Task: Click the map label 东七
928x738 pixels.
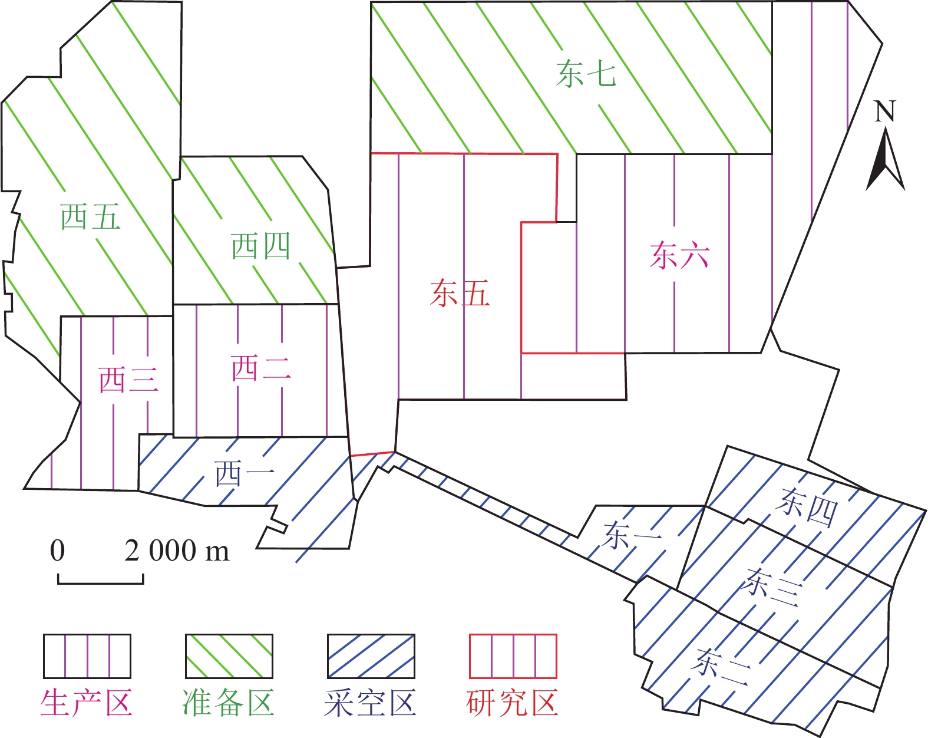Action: tap(586, 75)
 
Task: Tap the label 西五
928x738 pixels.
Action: tap(91, 217)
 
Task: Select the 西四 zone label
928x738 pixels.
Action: tap(260, 246)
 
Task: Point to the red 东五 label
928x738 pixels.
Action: tap(460, 294)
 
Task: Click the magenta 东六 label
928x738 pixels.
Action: tap(679, 256)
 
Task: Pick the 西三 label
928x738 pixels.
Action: tap(128, 380)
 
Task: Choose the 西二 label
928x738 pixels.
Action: tap(261, 368)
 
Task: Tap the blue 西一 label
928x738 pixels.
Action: tap(245, 474)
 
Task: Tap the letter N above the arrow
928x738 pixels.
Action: tap(884, 111)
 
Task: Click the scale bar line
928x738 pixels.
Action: tap(100, 583)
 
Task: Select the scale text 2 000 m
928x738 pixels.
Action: tap(177, 551)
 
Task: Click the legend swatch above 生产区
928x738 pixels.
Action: tap(87, 656)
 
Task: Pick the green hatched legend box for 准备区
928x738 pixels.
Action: tap(229, 656)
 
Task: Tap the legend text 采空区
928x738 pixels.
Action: tap(370, 703)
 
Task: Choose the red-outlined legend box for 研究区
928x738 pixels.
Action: tap(513, 656)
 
